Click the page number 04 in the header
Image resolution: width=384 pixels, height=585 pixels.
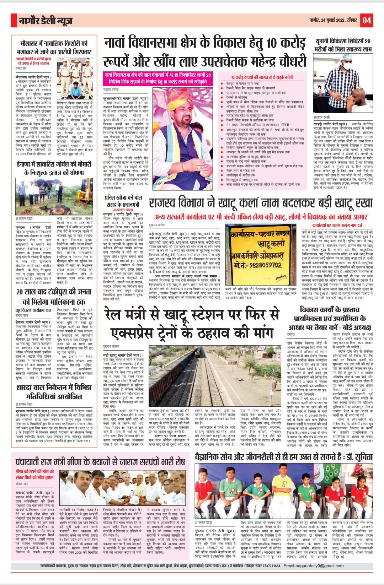click(x=367, y=20)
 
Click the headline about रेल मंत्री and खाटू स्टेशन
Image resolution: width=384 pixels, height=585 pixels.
click(x=192, y=323)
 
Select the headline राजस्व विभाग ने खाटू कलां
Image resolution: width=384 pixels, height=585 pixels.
click(x=260, y=203)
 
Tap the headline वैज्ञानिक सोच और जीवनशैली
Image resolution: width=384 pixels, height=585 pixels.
click(x=284, y=457)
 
